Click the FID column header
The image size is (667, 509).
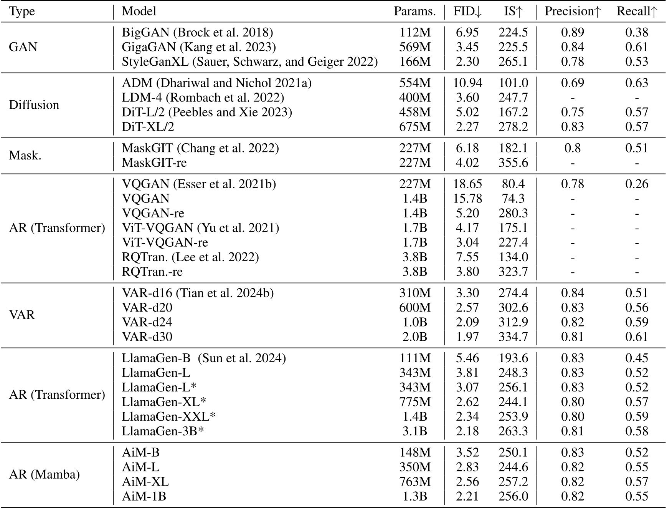[x=467, y=12]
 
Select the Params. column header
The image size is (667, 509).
[x=414, y=12]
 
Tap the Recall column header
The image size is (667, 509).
[x=637, y=12]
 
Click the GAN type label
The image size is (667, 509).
[x=23, y=47]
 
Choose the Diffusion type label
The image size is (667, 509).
[x=34, y=105]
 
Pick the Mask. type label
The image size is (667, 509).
[x=25, y=156]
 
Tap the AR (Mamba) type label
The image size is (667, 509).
[x=44, y=474]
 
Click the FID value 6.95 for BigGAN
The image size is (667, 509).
[x=467, y=32]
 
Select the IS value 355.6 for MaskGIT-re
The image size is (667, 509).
[x=513, y=163]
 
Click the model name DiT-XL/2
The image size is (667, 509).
[x=148, y=127]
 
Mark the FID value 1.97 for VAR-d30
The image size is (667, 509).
[x=467, y=337]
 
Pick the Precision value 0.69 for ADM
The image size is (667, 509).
[x=572, y=83]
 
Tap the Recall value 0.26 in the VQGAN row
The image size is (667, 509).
[x=637, y=184]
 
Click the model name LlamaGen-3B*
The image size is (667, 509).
[x=162, y=431]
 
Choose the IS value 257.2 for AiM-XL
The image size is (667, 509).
[x=513, y=482]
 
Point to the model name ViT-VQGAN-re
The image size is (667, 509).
[x=165, y=242]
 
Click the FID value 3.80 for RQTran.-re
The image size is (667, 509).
[x=467, y=272]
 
